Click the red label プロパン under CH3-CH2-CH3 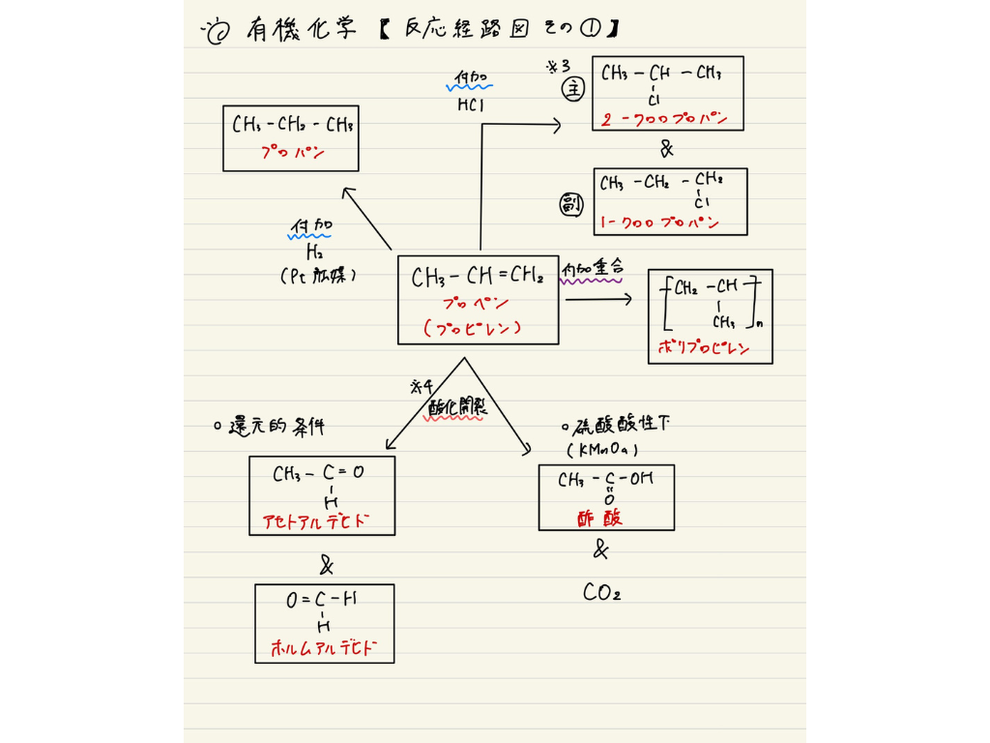point(290,152)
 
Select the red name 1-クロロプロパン point(659,223)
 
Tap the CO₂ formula point(601,592)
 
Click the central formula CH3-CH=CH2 point(477,279)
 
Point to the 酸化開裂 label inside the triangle point(457,409)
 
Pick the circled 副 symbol point(573,204)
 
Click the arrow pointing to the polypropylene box point(597,300)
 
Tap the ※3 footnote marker point(559,66)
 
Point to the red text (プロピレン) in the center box point(474,328)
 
